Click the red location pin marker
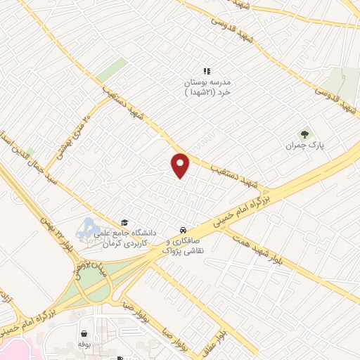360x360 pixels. [x=181, y=165]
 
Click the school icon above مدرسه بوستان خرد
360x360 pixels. [x=207, y=71]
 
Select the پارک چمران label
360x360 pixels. [x=303, y=146]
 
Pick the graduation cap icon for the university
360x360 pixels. [x=124, y=221]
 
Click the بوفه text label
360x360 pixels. [x=84, y=346]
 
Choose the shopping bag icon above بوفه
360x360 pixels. [x=84, y=334]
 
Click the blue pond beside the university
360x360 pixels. [x=88, y=229]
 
